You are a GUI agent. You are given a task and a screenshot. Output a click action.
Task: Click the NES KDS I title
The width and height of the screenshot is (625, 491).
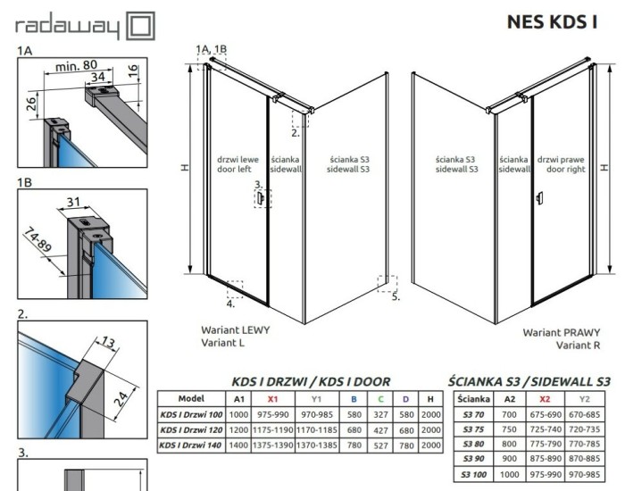554,21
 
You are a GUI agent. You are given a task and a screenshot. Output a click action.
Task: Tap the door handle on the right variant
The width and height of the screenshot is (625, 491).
539,200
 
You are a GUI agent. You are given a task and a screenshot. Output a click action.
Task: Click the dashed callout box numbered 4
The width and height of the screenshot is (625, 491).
235,288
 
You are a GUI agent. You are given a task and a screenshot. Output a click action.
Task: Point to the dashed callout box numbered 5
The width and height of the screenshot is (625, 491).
386,283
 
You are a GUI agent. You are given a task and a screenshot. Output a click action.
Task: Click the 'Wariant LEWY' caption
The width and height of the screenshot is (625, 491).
235,329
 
